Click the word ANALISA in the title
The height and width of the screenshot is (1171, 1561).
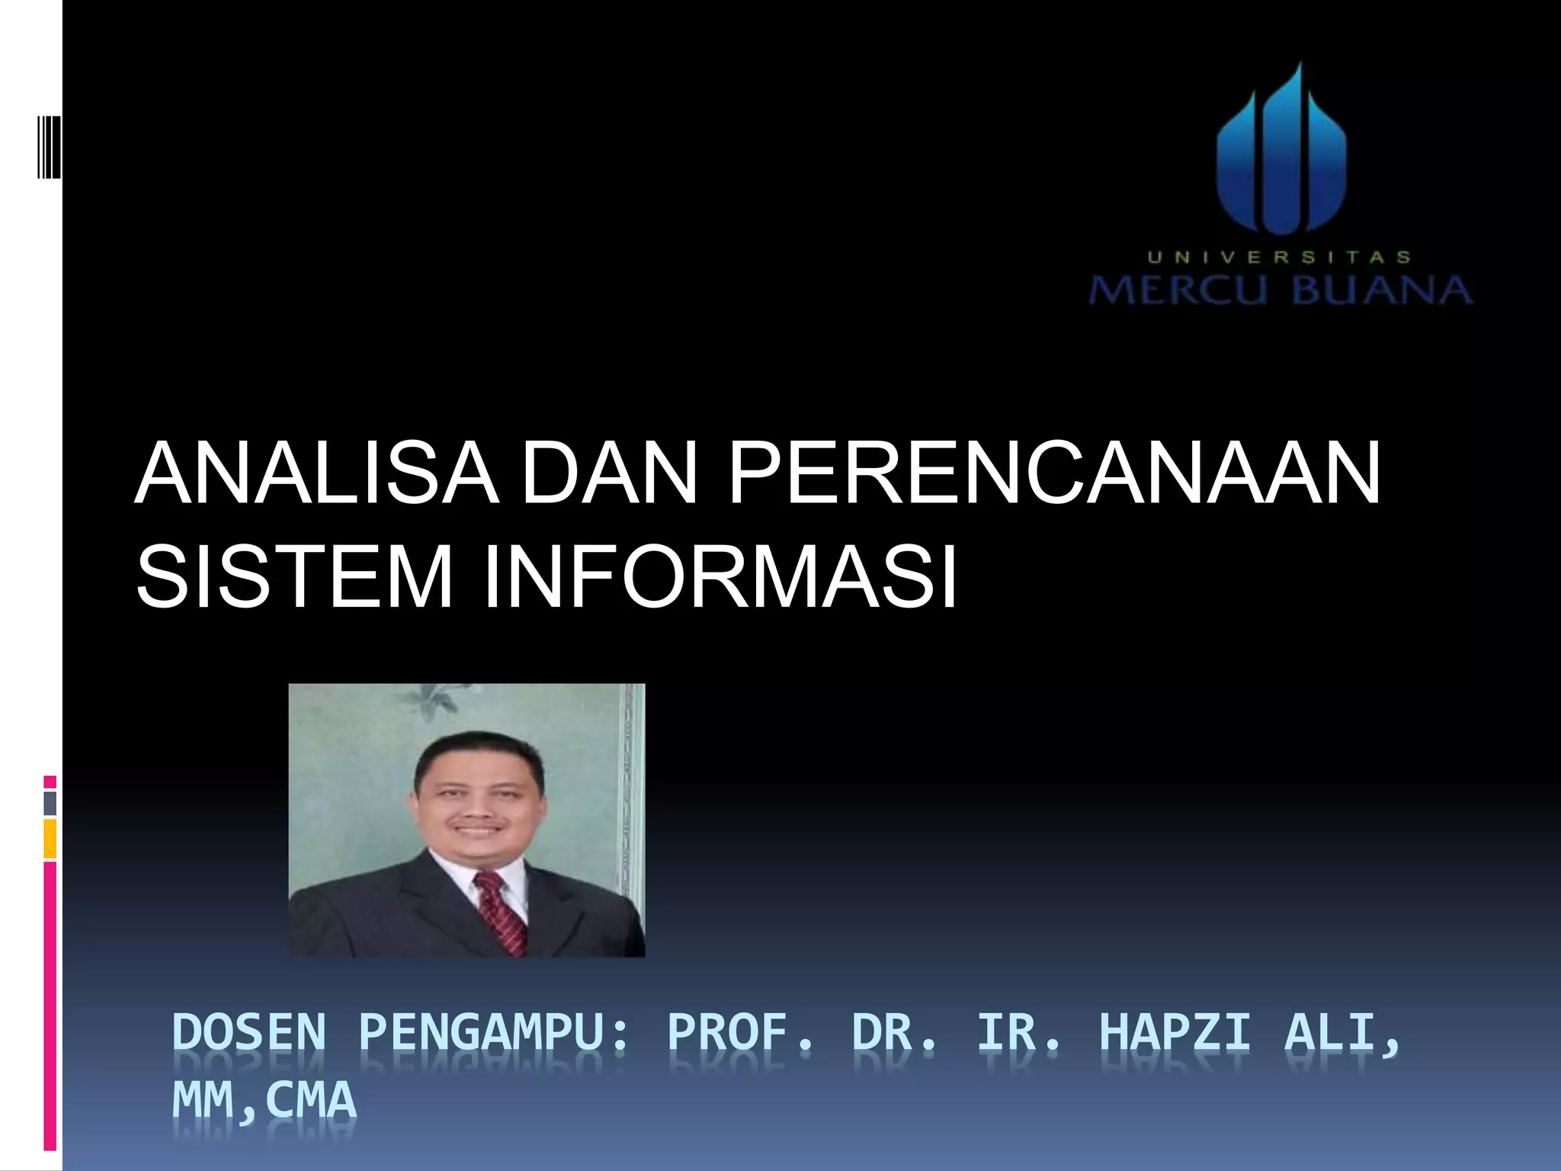pos(316,474)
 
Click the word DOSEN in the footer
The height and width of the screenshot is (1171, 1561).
pos(249,1033)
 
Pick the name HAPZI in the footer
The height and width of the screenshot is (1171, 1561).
pos(1175,1033)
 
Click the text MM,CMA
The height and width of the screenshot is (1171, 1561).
pos(264,1100)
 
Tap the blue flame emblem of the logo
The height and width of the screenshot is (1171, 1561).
pos(1281,152)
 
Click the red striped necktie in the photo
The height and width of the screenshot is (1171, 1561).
pos(500,912)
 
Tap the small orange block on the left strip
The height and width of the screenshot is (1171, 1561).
pos(50,839)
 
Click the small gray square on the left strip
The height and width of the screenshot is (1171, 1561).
pos(50,803)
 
